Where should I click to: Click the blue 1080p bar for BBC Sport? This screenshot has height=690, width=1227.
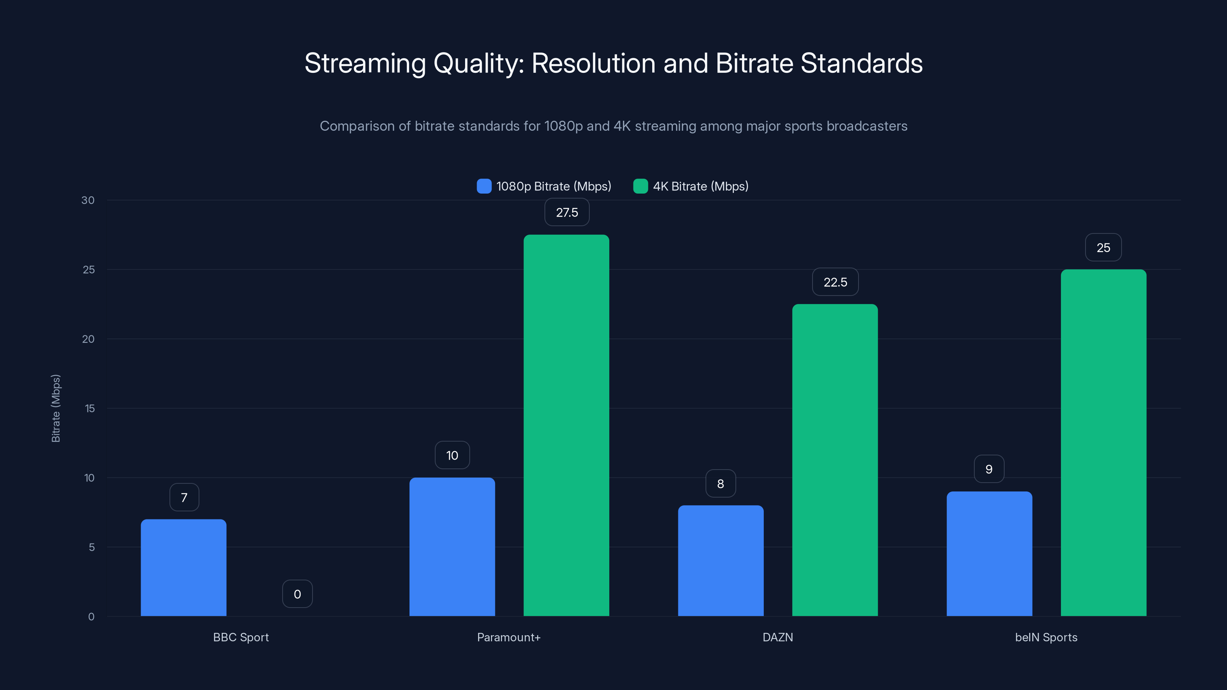coord(183,568)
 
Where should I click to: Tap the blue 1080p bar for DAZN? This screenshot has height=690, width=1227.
coord(721,561)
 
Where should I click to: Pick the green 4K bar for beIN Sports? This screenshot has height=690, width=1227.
coord(1103,443)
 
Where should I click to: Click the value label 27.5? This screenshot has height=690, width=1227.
coord(567,212)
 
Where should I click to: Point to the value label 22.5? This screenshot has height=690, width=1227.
coord(835,283)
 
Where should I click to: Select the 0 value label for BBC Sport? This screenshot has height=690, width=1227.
coord(297,594)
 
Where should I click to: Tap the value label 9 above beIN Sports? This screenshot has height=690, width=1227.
coord(989,470)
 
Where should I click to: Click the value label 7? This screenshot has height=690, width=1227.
coord(184,498)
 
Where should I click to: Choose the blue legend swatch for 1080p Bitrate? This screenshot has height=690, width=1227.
coord(484,186)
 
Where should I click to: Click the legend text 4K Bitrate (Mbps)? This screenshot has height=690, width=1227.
coord(700,186)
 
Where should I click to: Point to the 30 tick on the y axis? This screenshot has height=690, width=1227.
coord(88,200)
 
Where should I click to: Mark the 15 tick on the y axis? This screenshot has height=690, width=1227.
coord(90,409)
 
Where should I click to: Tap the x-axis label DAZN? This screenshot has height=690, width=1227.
coord(777,637)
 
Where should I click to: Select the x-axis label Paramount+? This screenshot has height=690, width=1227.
coord(509,637)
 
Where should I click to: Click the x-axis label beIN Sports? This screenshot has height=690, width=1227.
coord(1046,637)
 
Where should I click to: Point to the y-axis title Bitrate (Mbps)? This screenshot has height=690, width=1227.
coord(56,408)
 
